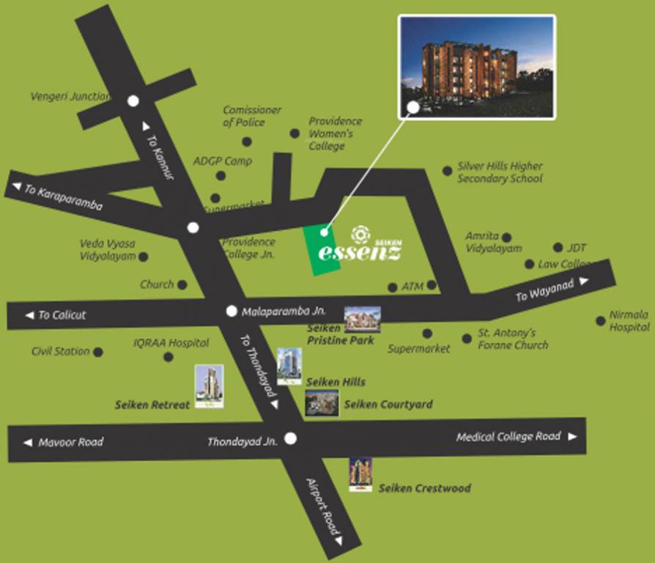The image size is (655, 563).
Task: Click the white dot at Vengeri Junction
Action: (x=133, y=101)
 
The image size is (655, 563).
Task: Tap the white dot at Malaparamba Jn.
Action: (x=232, y=311)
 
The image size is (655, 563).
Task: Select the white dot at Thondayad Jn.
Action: (x=291, y=438)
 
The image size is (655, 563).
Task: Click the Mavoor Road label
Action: (x=70, y=442)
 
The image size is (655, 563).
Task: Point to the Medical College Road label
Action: (x=508, y=437)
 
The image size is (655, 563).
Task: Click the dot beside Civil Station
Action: (x=98, y=352)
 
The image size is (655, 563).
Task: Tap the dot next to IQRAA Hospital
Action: (x=169, y=357)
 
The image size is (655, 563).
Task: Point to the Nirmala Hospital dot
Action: (x=601, y=320)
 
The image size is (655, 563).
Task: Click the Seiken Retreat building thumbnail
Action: (x=209, y=386)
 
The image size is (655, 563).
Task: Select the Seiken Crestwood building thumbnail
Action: (x=360, y=474)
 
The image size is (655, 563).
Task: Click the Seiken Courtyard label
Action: (x=388, y=404)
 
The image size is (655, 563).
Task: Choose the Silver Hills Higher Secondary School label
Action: (x=500, y=172)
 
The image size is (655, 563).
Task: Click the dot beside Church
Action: (x=182, y=284)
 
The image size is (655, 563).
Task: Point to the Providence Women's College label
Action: (x=335, y=133)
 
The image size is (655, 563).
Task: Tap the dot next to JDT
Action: (x=558, y=248)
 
